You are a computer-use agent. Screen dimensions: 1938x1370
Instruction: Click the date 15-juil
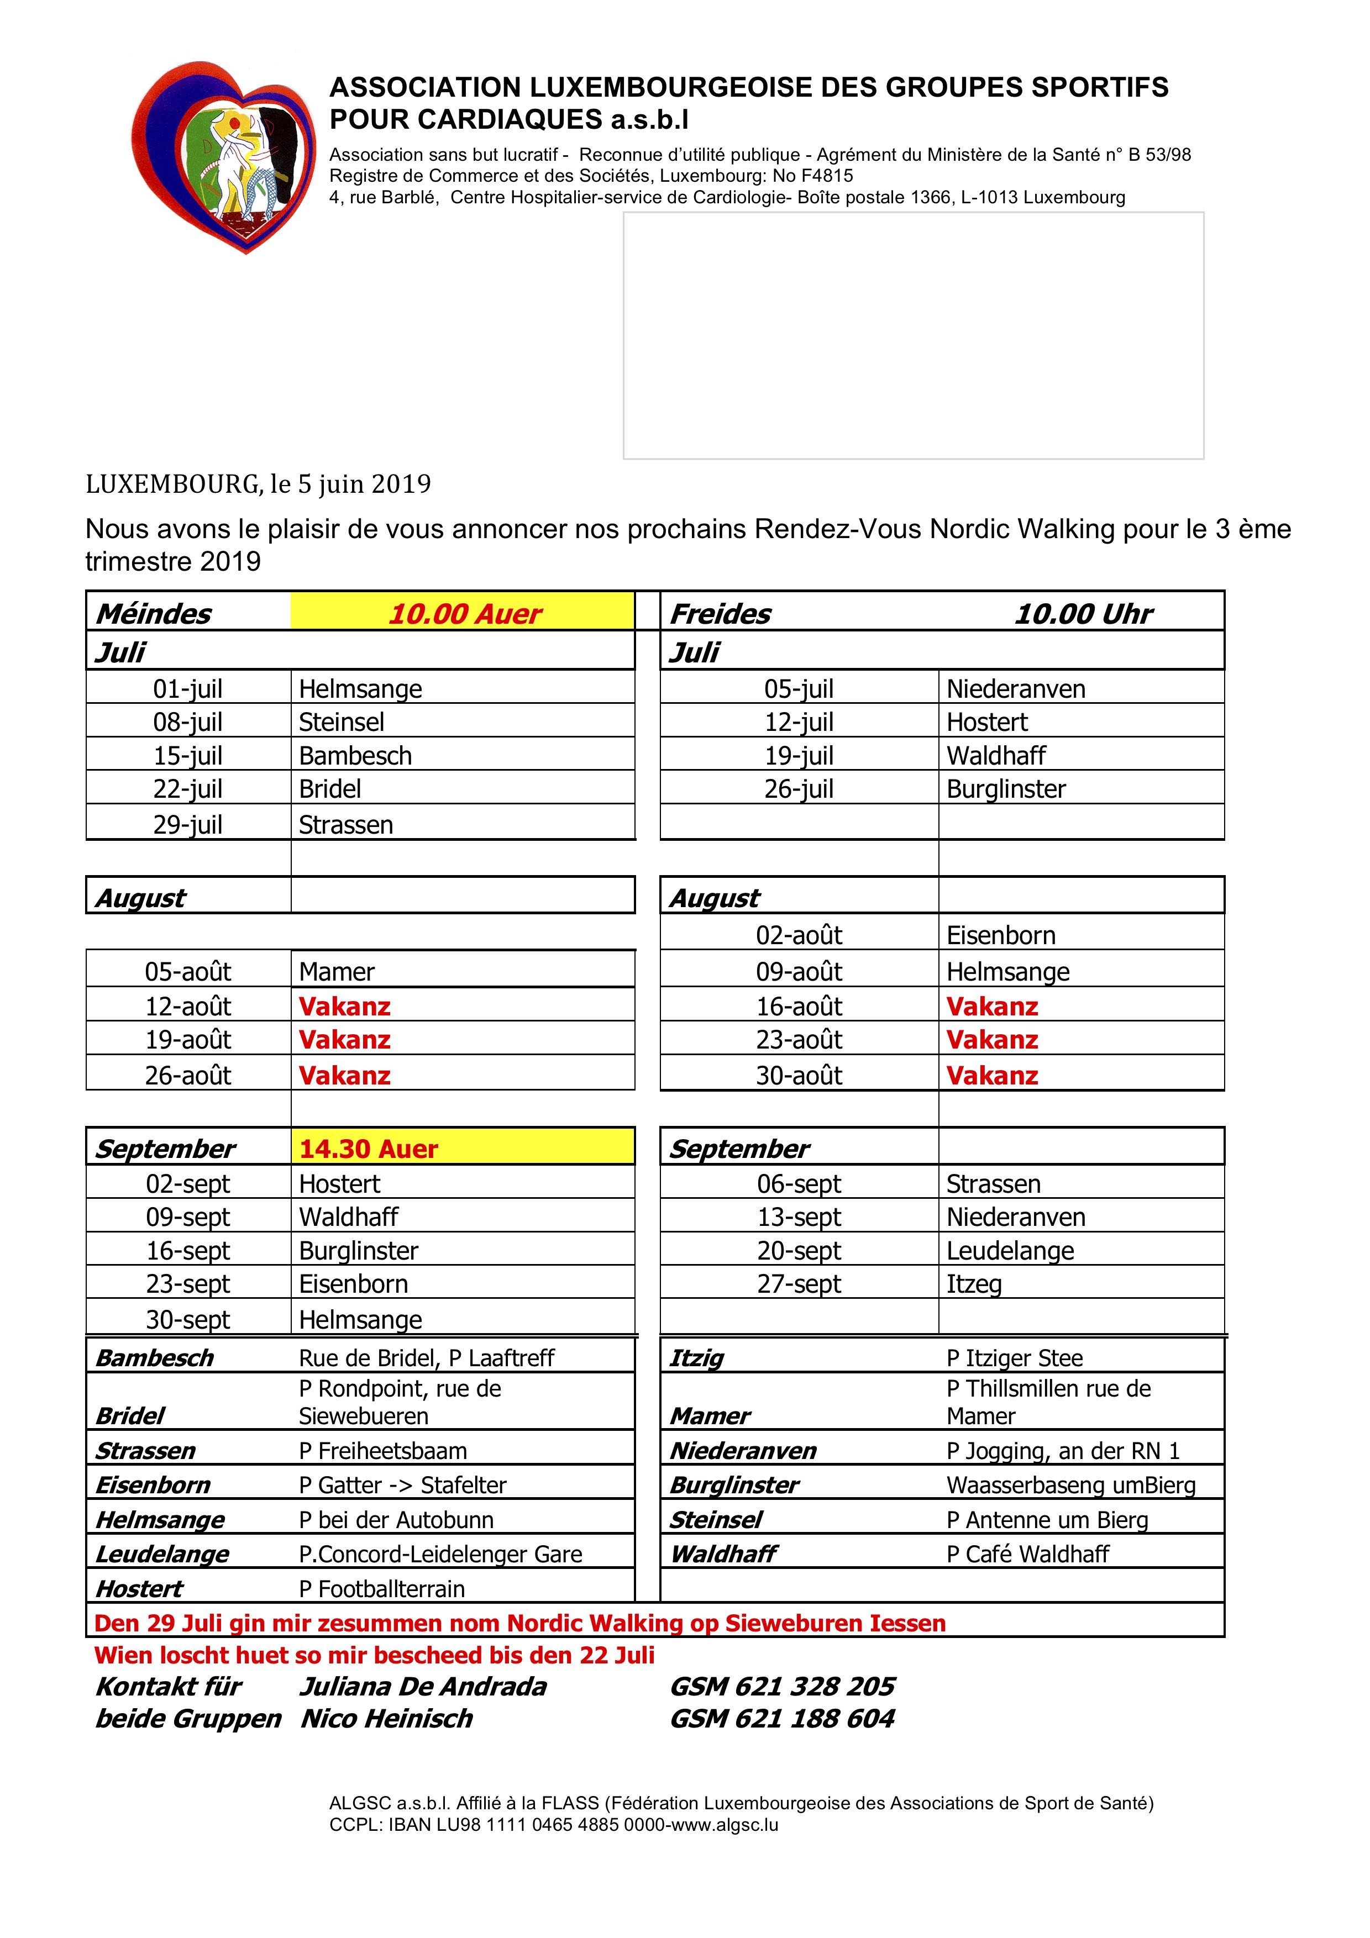pos(187,755)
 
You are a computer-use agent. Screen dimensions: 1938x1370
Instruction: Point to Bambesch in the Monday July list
pos(355,755)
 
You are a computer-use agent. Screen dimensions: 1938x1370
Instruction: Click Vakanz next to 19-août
pos(344,1040)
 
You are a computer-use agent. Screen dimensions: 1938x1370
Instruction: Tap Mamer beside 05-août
pos(336,972)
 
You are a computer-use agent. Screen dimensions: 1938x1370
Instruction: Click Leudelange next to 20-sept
pos(1010,1250)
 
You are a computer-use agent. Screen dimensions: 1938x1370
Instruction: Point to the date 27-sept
pos(799,1284)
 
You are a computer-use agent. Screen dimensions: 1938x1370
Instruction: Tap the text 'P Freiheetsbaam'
pos(382,1451)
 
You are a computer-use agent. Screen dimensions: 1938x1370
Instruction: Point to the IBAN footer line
pos(554,1825)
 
